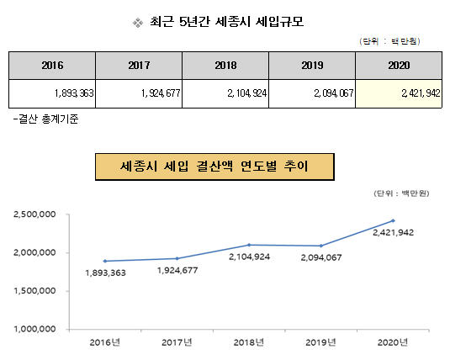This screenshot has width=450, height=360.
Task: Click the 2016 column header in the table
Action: pyautogui.click(x=52, y=66)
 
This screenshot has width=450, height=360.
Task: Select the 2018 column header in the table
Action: pyautogui.click(x=225, y=66)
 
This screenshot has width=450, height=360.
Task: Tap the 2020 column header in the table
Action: pyautogui.click(x=399, y=66)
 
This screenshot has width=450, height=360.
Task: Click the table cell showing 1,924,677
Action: pyautogui.click(x=139, y=93)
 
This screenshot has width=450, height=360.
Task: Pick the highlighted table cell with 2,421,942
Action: pyautogui.click(x=399, y=93)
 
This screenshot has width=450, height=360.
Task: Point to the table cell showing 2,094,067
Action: pyautogui.click(x=312, y=93)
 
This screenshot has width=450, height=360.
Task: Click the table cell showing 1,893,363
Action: pyautogui.click(x=52, y=93)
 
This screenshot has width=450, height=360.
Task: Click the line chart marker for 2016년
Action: pyautogui.click(x=105, y=261)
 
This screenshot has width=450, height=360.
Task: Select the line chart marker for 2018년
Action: pyautogui.click(x=249, y=245)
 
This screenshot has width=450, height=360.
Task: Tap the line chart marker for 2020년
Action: pyautogui.click(x=393, y=220)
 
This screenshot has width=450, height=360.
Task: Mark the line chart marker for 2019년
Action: pyautogui.click(x=321, y=246)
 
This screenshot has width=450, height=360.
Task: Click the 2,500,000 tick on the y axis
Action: pyautogui.click(x=34, y=214)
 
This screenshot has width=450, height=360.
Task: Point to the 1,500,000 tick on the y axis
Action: pyautogui.click(x=34, y=291)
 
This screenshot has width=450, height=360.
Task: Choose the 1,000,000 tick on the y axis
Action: pyautogui.click(x=34, y=329)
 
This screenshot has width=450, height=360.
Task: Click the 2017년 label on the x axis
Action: pyautogui.click(x=177, y=342)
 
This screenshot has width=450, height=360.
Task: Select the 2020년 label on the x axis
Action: pyautogui.click(x=393, y=342)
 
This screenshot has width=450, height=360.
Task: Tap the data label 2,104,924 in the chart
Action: pyautogui.click(x=249, y=257)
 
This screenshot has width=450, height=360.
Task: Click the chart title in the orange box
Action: pyautogui.click(x=214, y=167)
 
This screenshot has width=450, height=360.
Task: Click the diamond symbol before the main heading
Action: pyautogui.click(x=138, y=23)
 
